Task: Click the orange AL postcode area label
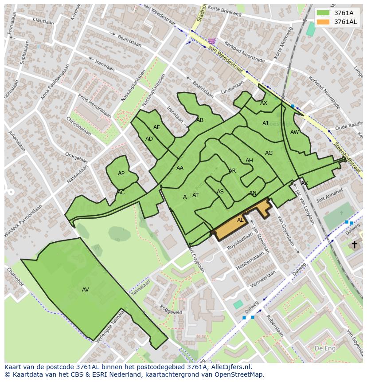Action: [240, 220]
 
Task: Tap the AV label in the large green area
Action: [86, 290]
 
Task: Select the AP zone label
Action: [121, 173]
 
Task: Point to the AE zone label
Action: [156, 127]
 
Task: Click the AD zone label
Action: [149, 139]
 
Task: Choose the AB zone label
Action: [200, 120]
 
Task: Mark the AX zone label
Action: [264, 103]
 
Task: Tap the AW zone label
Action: [294, 132]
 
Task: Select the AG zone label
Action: [269, 153]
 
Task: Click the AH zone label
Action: [249, 161]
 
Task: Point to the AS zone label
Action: [220, 192]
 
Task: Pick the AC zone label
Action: [121, 193]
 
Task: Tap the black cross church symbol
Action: [354, 244]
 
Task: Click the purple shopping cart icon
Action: [212, 41]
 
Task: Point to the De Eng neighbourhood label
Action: [324, 348]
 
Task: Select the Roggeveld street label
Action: [171, 309]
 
